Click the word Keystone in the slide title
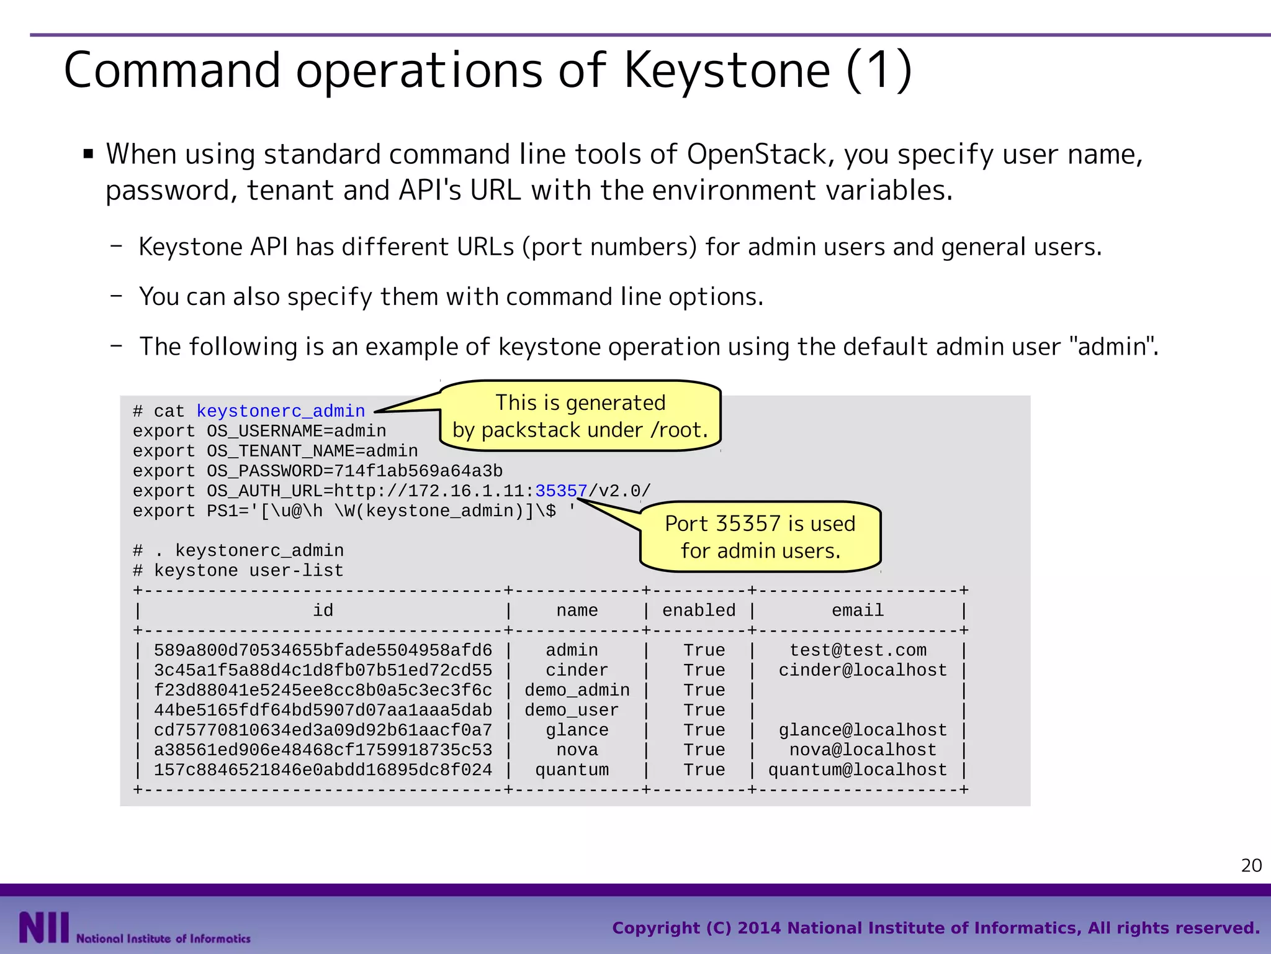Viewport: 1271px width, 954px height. point(726,71)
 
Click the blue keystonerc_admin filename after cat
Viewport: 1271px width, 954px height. point(281,411)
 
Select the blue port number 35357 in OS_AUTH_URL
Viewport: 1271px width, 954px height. point(561,491)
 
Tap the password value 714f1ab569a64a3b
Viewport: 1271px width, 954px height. point(418,471)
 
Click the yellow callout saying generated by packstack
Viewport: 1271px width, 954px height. point(580,416)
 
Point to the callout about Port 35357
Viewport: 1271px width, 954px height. point(760,537)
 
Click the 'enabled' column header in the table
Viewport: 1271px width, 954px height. point(699,611)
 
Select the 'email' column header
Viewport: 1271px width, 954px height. point(858,611)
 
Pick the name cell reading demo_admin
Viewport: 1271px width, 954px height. point(577,690)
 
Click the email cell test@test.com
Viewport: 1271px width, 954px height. point(858,650)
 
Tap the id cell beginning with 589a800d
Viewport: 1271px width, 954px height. point(323,650)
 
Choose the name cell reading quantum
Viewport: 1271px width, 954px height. point(572,770)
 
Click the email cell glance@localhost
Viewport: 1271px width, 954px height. point(863,730)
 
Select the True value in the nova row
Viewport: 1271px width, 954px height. point(704,750)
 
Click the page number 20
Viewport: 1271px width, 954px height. point(1251,865)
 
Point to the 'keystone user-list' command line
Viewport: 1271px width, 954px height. point(248,571)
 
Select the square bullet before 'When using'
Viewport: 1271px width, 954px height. point(88,153)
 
